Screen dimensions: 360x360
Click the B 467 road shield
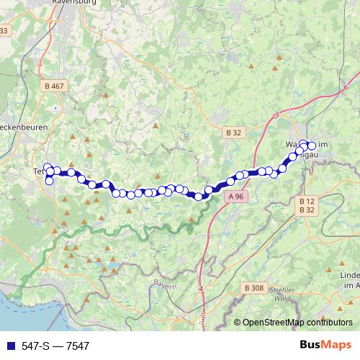54,86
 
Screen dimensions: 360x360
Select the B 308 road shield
253,287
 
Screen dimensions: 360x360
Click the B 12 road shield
307,201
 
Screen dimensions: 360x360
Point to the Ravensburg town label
76,3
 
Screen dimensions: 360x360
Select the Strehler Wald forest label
278,293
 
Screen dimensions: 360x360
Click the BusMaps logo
325,345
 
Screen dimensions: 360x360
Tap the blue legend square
9,346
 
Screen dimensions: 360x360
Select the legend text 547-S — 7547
56,346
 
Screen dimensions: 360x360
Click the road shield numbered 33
4,30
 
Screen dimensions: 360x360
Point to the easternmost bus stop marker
312,146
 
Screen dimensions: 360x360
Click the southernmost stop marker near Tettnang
49,181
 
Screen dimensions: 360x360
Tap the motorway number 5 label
276,114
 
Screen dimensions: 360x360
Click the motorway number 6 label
346,87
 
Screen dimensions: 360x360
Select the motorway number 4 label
201,290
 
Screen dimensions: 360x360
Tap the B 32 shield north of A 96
233,132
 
